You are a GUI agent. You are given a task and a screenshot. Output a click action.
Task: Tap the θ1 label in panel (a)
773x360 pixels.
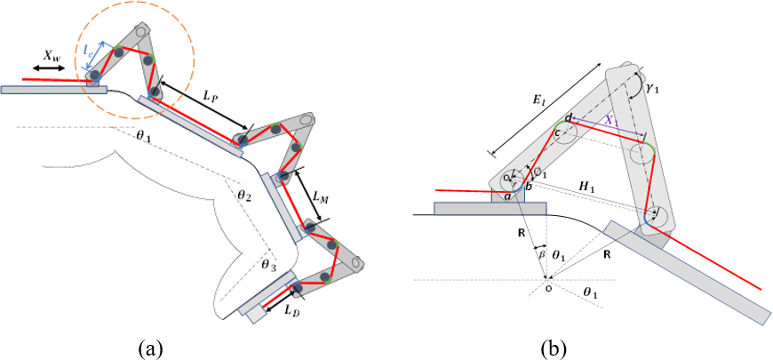[145, 138]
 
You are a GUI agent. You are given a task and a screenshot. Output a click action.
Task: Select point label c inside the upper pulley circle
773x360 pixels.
[559, 133]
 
